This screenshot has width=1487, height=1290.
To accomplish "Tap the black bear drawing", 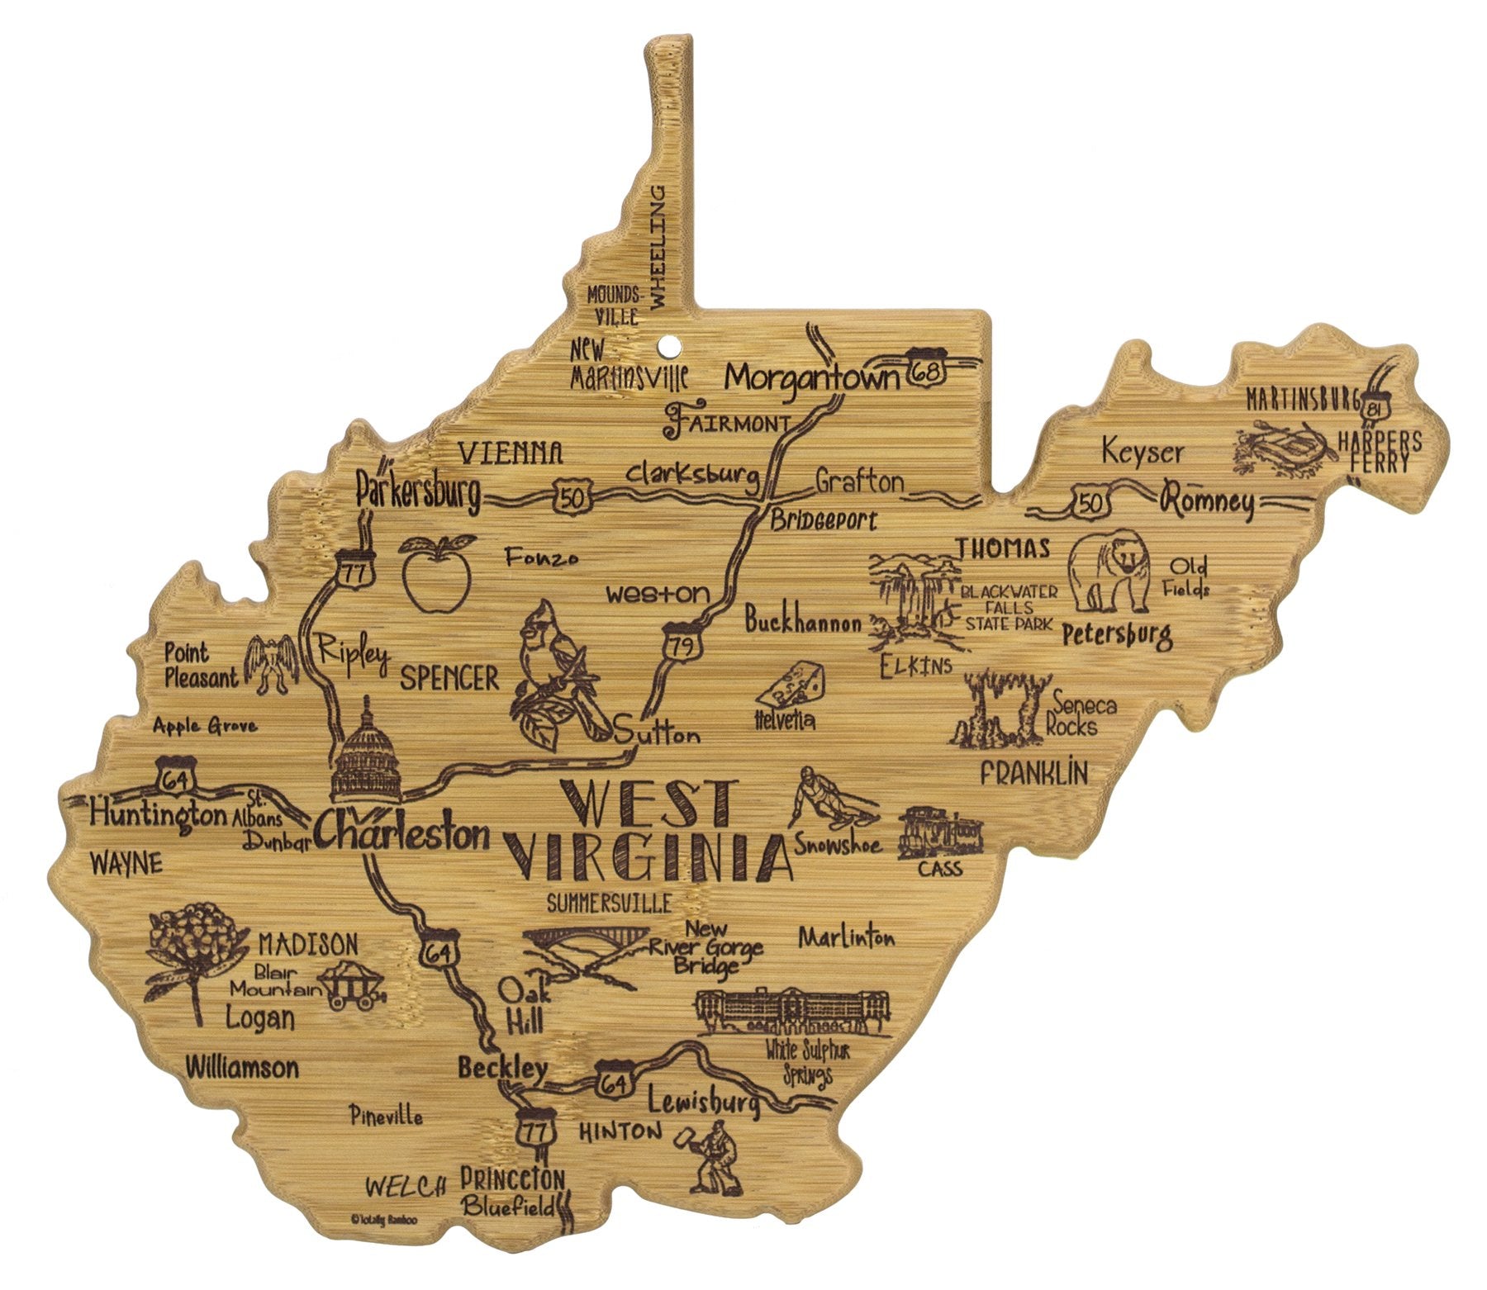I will (x=1107, y=572).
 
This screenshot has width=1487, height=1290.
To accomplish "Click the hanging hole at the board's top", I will (x=668, y=341).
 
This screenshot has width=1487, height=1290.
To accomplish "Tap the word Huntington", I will (x=158, y=814).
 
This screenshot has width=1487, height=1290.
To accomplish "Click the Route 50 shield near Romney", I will (x=1090, y=503).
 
